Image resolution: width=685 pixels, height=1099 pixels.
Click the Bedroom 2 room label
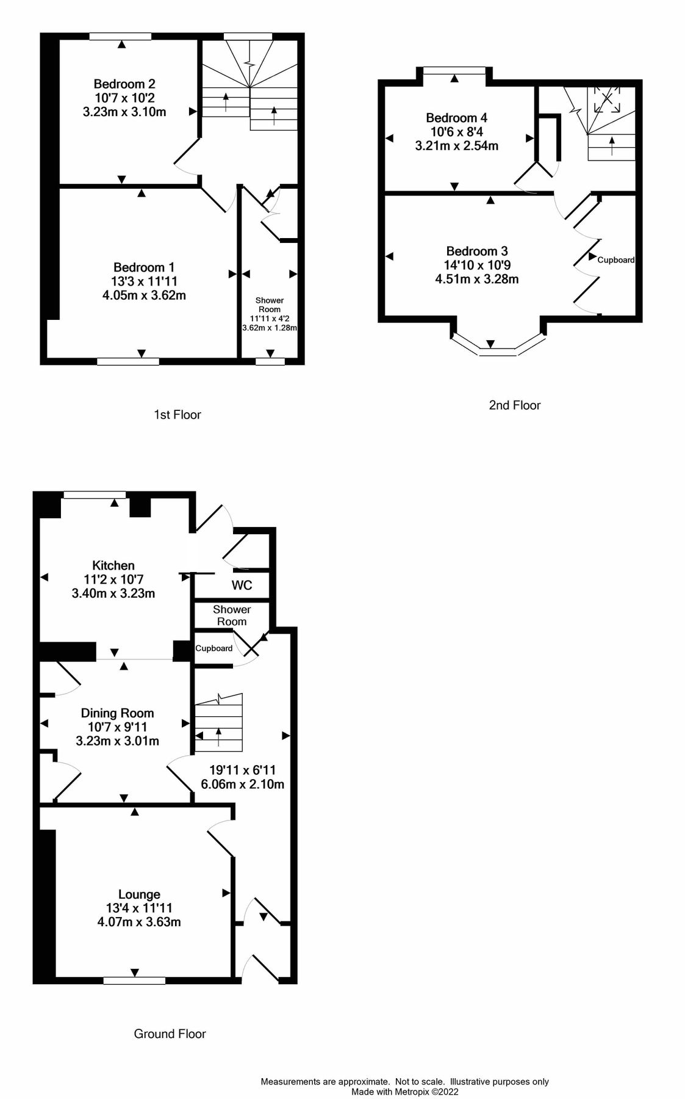tap(124, 84)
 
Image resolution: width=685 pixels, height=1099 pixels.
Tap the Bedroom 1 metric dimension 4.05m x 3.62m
tap(144, 296)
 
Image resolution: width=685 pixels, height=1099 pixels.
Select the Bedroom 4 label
tap(456, 118)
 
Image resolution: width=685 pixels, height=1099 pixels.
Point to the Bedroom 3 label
tap(477, 251)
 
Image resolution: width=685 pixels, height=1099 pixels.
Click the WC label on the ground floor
tap(242, 586)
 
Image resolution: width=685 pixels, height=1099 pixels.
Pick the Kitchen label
tap(113, 565)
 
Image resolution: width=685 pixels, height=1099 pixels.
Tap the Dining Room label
tap(117, 713)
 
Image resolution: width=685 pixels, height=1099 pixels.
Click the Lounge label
tap(139, 894)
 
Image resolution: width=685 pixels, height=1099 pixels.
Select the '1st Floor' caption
tap(177, 415)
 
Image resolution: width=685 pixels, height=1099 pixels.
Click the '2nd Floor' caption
tap(515, 405)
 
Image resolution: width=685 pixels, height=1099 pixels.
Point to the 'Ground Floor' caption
tap(170, 1034)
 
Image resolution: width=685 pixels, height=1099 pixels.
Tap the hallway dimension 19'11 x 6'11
tap(242, 771)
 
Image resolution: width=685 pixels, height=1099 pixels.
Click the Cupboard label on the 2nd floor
tap(615, 260)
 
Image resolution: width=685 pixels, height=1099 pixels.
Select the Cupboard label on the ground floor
tap(213, 648)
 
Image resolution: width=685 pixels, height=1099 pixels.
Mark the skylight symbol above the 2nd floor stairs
tap(607, 99)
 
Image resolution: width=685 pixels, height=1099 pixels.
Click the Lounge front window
tap(134, 981)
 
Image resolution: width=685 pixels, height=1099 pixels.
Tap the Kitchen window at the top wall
tap(95, 495)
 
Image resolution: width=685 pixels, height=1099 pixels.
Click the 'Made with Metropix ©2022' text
tap(404, 1092)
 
